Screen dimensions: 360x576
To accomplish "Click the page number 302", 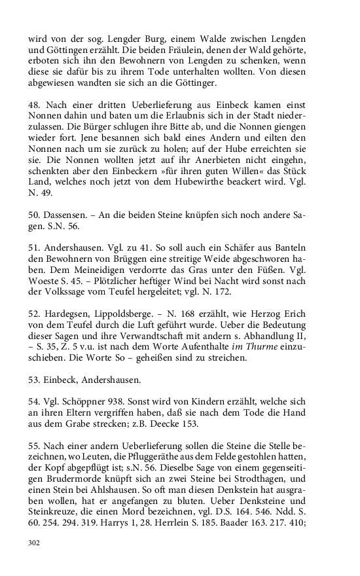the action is (x=35, y=542).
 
